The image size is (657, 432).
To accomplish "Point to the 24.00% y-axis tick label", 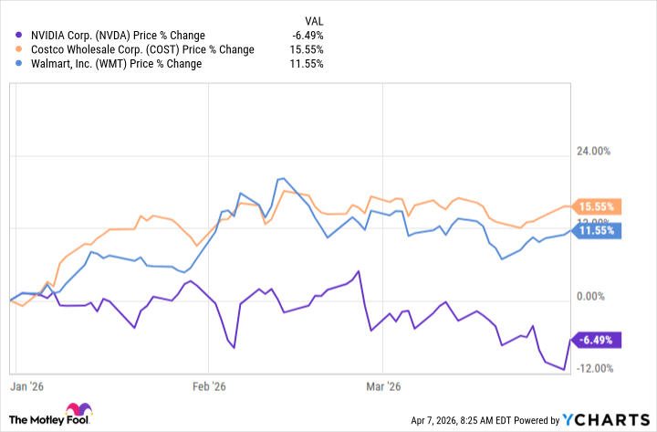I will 610,152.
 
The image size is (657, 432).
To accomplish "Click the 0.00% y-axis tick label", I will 613,296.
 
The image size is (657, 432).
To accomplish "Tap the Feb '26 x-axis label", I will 210,386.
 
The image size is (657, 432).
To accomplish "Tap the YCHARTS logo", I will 607,419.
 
